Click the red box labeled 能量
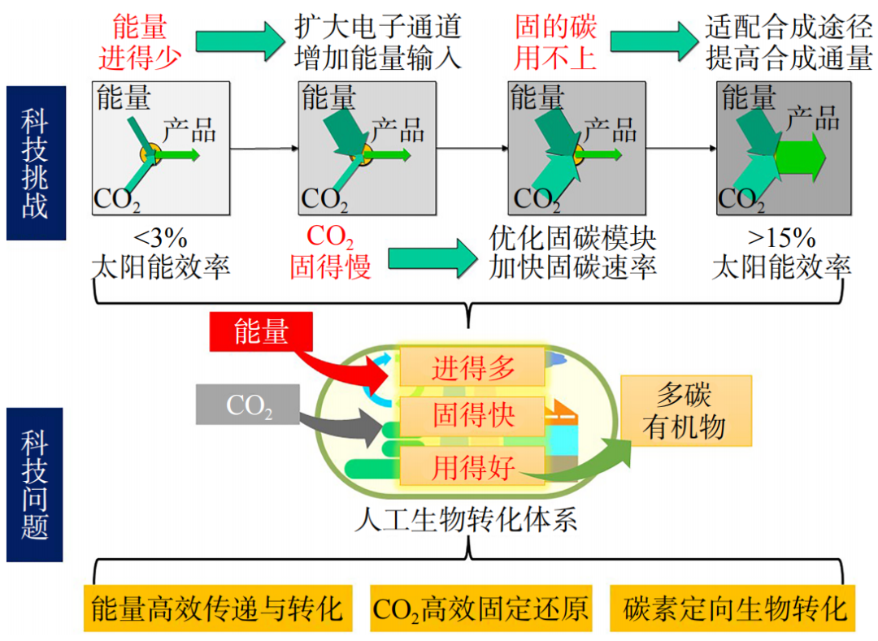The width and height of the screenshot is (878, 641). coord(260,332)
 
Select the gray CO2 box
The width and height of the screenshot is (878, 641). coord(248,404)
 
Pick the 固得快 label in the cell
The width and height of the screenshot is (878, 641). coord(473,416)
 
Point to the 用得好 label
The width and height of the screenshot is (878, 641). coord(473,467)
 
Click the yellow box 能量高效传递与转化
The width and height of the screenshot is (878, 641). coord(217,608)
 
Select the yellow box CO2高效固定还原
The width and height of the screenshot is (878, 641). coord(480,608)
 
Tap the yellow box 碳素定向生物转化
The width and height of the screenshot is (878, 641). coord(736,608)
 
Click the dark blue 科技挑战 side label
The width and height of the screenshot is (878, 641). coord(35,163)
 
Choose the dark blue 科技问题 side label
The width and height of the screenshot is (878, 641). coord(35,485)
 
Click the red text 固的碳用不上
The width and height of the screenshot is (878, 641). coord(555,42)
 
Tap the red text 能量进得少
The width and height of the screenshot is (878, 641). coord(140,42)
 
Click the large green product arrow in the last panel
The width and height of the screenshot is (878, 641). coord(800,154)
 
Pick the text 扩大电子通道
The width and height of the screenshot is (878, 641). coord(378,26)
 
